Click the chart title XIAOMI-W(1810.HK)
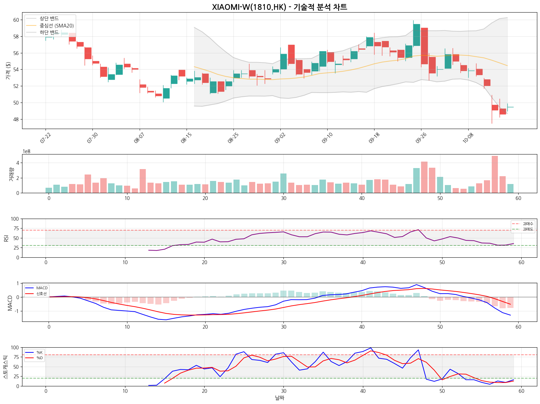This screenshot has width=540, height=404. point(279,7)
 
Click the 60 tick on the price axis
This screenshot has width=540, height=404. point(16,20)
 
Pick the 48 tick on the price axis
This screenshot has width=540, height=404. point(16,120)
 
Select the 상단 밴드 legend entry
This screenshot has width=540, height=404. point(49,19)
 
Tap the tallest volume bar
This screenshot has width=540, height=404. point(495,174)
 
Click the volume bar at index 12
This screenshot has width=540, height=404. point(143,181)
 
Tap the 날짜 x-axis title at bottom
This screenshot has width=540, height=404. point(279,398)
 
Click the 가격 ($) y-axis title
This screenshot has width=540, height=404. point(8,71)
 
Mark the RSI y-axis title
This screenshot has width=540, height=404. point(6,238)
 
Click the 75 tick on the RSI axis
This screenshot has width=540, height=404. point(16,228)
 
